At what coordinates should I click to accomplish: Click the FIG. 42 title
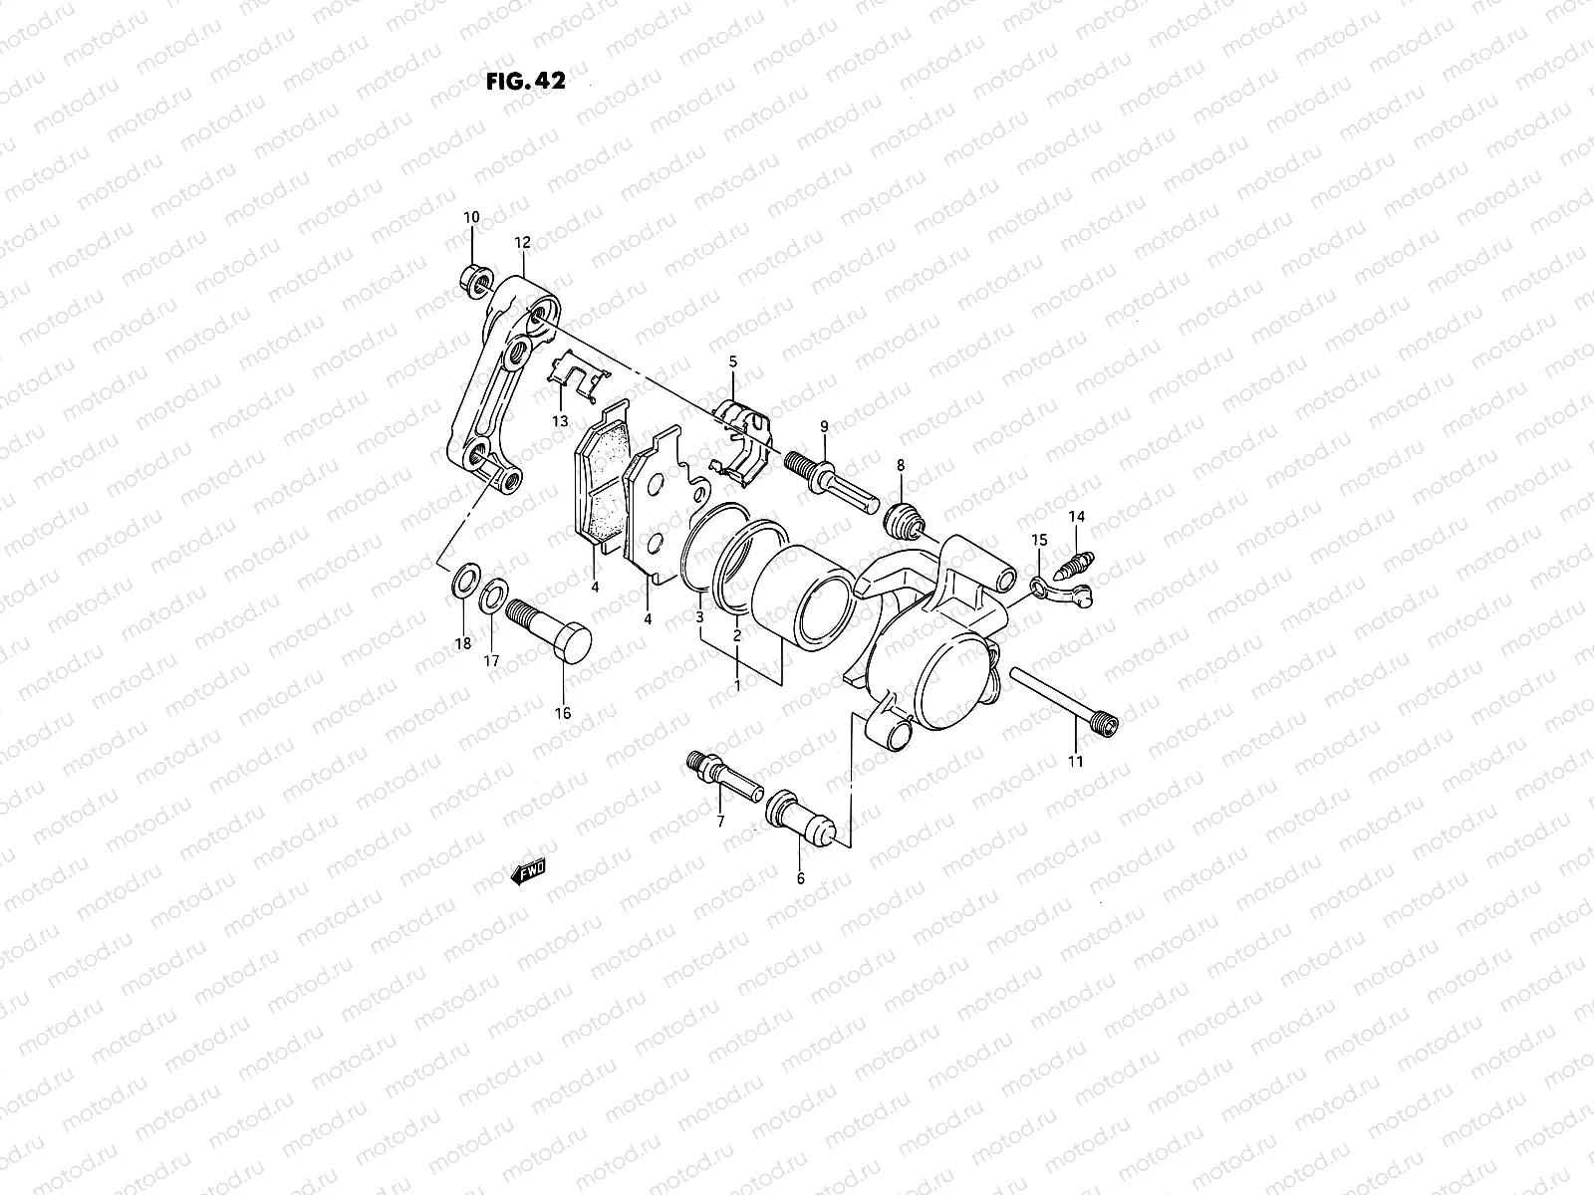point(525,82)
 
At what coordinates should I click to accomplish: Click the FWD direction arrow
point(528,873)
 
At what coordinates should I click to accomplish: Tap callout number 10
point(471,217)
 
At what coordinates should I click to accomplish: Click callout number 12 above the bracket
point(522,242)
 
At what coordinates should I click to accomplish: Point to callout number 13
point(561,420)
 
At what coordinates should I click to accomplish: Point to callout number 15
point(1039,540)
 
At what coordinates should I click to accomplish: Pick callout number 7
point(719,822)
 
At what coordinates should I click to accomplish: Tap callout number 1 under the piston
point(737,685)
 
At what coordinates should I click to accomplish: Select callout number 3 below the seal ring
point(700,618)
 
